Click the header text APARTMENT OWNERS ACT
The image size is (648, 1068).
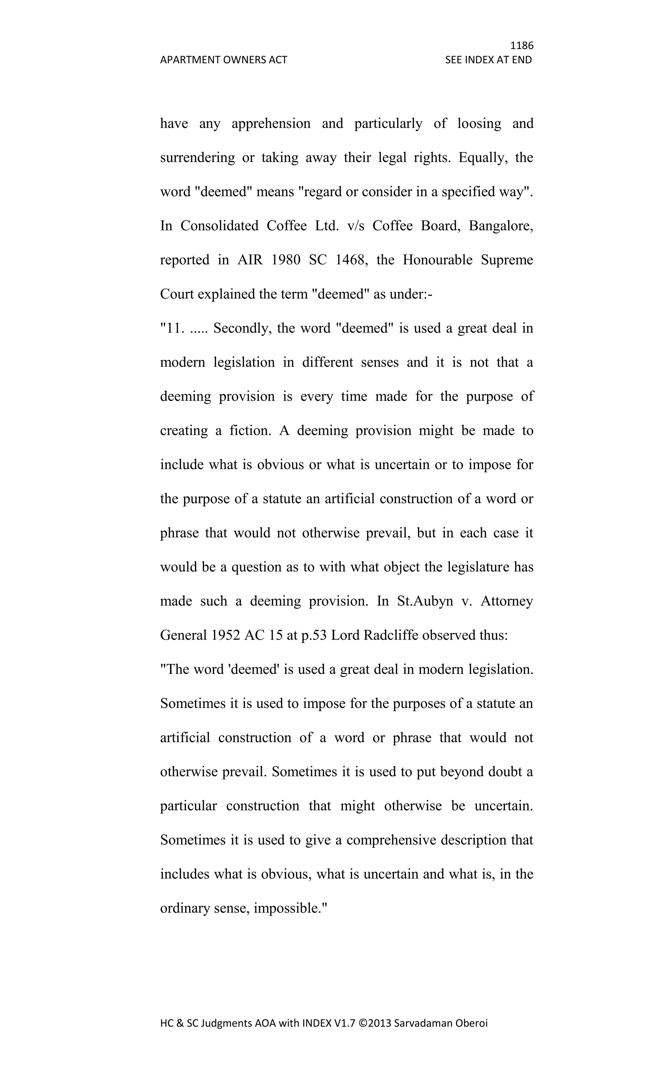tap(223, 60)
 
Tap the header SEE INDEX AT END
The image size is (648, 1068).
tap(488, 60)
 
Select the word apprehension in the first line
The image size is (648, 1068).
tap(271, 123)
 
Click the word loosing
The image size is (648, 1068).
tap(479, 123)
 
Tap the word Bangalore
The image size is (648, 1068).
tap(501, 226)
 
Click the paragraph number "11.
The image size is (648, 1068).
tap(172, 328)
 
